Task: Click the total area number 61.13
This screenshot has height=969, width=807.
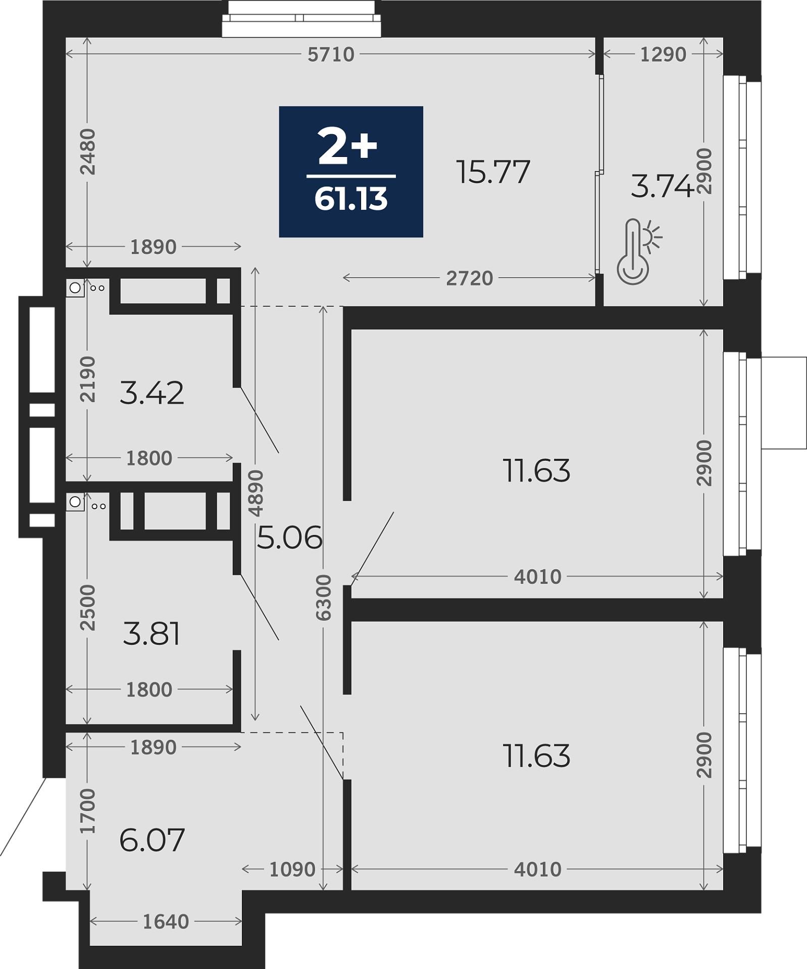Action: pos(351,199)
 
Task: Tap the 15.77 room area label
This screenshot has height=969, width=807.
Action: pos(493,172)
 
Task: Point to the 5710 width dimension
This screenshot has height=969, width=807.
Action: pos(331,55)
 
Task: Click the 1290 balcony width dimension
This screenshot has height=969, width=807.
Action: pos(663,55)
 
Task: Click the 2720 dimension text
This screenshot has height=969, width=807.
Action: pos(470,278)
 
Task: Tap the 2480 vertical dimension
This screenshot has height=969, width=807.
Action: pos(88,152)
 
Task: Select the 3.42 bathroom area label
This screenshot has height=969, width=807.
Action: pos(152,393)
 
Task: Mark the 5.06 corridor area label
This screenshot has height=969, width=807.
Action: pos(289,537)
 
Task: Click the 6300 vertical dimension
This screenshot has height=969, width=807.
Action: pos(323,597)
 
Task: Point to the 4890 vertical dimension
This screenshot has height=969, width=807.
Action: pos(256,493)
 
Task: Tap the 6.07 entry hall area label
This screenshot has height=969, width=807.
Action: pos(152,840)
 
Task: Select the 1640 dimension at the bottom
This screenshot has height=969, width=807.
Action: pos(166,922)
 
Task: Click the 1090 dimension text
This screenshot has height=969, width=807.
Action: pos(292,870)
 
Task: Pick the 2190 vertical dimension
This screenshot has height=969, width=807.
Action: pos(88,379)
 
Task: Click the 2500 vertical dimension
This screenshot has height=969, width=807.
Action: pos(88,608)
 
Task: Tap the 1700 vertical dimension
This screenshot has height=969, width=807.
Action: pos(88,811)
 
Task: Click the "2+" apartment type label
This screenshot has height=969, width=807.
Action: pos(347,146)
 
